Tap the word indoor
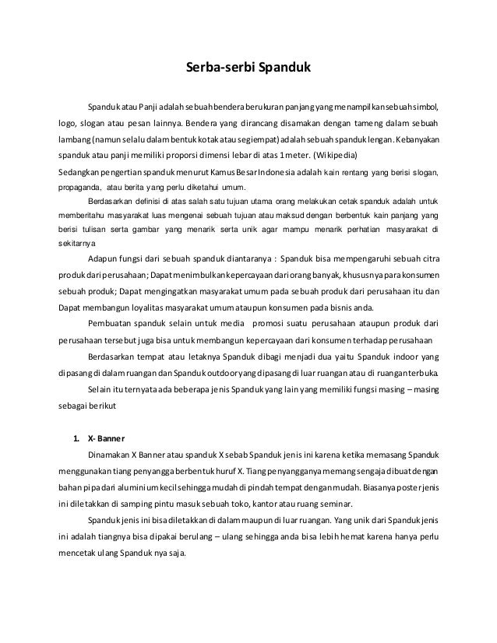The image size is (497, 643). click(x=404, y=358)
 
